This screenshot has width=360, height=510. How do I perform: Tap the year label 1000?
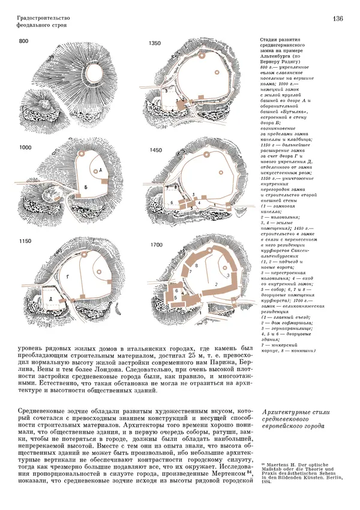click(25, 147)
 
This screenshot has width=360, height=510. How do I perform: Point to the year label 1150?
click(25, 241)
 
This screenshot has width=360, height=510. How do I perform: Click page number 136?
click(337, 19)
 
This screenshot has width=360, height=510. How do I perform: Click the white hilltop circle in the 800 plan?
click(97, 73)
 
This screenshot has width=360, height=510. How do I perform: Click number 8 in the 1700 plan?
click(196, 265)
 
